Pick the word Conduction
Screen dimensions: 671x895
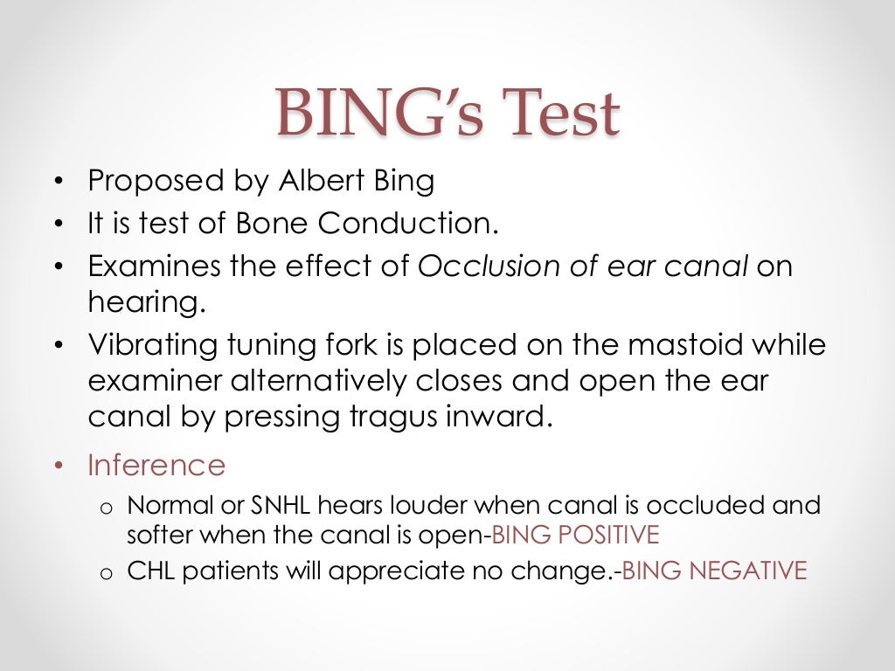click(407, 224)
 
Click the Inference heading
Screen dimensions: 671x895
click(156, 465)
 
